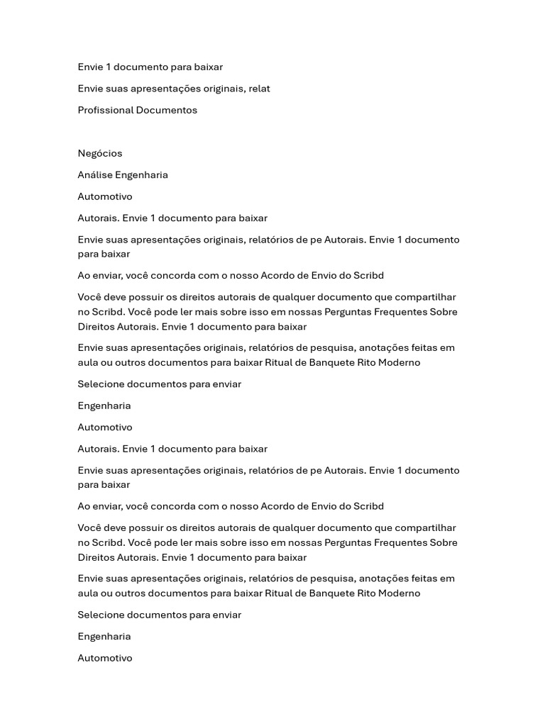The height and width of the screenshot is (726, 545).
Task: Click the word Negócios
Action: (100, 153)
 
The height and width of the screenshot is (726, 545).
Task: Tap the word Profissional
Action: (105, 110)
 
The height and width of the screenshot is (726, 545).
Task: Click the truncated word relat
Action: (259, 89)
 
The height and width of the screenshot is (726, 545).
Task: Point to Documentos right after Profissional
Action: (167, 110)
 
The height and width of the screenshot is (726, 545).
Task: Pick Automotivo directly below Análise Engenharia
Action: (105, 196)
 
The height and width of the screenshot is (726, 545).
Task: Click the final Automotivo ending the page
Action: (105, 658)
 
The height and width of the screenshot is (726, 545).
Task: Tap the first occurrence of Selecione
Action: (102, 384)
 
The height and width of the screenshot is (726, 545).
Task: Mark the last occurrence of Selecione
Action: (102, 615)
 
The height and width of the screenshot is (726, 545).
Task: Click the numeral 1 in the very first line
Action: (108, 67)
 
